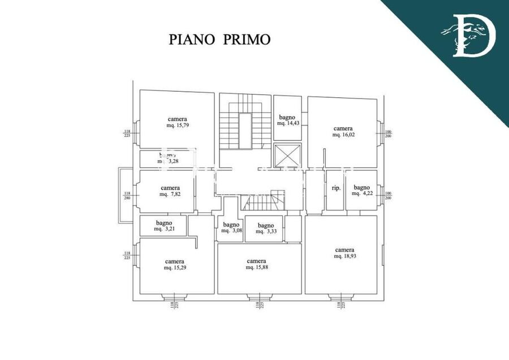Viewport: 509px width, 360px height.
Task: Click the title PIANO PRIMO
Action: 220,39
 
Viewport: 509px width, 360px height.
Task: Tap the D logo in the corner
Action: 468,35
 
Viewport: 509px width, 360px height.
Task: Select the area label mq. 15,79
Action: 178,125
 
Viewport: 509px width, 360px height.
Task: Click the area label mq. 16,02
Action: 343,135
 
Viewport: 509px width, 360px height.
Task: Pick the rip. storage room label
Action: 335,188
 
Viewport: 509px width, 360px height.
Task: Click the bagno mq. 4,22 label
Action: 361,190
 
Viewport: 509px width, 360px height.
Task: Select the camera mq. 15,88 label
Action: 257,264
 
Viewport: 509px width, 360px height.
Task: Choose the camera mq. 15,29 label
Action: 175,264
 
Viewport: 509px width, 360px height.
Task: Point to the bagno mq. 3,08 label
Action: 231,228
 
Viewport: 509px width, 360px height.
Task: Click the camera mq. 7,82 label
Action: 170,191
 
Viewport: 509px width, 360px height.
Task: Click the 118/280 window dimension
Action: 127,196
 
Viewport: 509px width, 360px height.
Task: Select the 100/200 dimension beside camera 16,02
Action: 388,135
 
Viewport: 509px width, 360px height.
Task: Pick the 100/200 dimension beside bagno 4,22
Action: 388,196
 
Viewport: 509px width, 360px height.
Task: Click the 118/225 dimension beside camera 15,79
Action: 127,134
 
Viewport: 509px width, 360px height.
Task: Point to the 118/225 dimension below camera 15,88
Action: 258,306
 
